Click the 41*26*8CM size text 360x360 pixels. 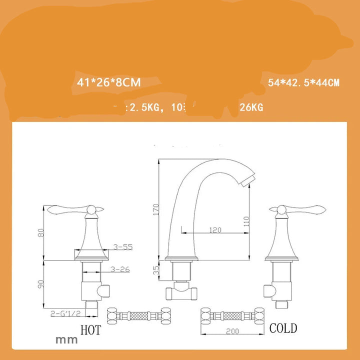[109, 82]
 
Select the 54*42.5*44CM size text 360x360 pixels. [303, 83]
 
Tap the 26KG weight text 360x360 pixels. [251, 107]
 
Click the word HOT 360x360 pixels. [90, 329]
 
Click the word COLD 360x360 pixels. [283, 328]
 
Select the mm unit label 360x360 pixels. [67, 340]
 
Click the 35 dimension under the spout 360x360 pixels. [155, 270]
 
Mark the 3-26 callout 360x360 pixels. [120, 269]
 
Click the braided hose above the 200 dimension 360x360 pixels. [231, 315]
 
